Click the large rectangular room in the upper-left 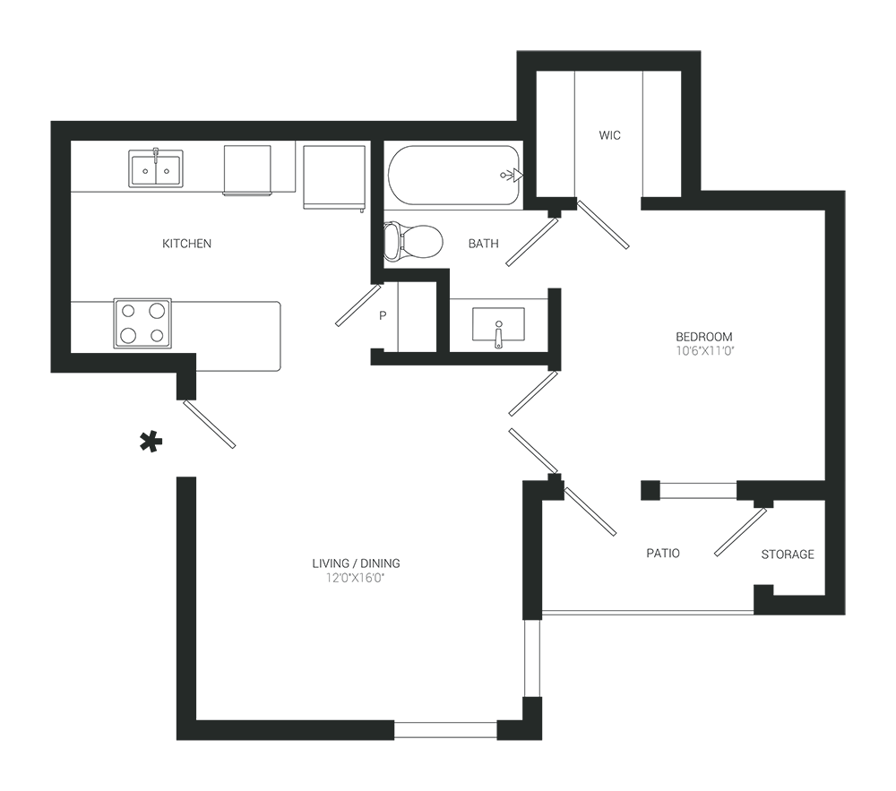coord(224,251)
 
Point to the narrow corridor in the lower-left coord(143,609)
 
